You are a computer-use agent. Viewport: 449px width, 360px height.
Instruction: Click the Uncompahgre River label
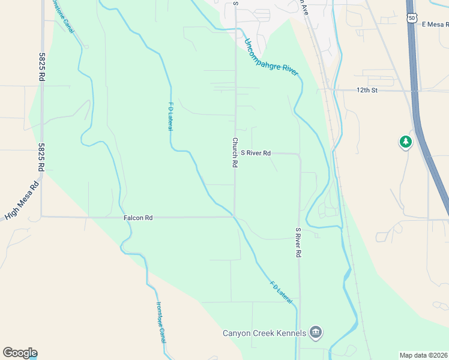click(271, 57)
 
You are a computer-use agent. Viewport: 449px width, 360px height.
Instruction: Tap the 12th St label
click(366, 90)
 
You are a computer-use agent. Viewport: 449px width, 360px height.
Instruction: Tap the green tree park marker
click(406, 142)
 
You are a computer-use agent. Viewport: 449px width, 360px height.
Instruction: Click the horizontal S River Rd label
click(256, 153)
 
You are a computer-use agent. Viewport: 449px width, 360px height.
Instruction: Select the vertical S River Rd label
click(298, 242)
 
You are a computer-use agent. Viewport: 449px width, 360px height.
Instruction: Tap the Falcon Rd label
click(139, 218)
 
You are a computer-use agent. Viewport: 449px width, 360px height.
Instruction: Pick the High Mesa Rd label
click(22, 199)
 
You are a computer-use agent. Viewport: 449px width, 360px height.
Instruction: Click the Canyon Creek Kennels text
click(264, 333)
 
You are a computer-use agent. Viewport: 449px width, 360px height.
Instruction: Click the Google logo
click(20, 353)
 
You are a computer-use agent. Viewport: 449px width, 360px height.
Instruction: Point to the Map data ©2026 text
click(423, 355)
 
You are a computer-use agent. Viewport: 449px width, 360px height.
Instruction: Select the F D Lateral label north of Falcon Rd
click(170, 117)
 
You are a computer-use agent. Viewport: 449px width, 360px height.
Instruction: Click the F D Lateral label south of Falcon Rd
click(281, 291)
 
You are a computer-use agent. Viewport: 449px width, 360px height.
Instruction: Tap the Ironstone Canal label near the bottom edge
click(160, 322)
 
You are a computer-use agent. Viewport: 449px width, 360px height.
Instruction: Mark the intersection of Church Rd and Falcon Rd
click(235, 217)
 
